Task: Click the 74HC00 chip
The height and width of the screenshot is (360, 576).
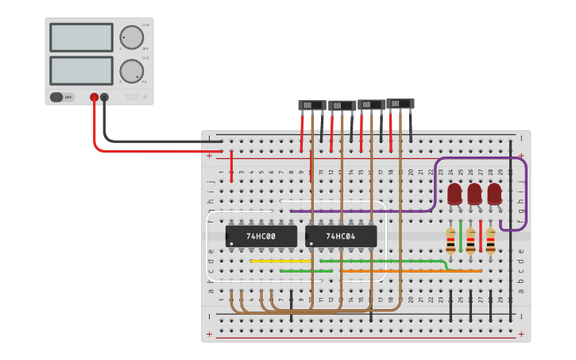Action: pos(261,236)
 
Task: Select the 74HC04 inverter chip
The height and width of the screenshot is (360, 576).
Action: pos(341,236)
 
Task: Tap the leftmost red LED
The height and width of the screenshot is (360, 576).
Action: pos(454,194)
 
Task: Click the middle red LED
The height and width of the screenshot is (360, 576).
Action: pos(474,194)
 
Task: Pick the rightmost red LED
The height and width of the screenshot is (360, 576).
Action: pos(494,194)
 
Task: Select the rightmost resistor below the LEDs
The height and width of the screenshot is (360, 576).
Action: pos(490,240)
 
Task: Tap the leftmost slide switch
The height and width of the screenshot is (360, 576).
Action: pos(311,105)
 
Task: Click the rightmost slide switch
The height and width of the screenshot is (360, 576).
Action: pos(400,103)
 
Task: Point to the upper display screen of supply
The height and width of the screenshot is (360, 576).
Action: pos(81,37)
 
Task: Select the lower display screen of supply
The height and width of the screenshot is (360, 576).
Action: pos(81,70)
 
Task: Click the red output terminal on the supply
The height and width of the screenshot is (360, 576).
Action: pos(94,97)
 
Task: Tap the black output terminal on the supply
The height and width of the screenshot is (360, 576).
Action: pos(104,97)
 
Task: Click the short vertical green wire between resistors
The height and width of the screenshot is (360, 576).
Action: pos(461,236)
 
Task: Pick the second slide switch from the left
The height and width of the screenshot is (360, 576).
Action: pos(342,106)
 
